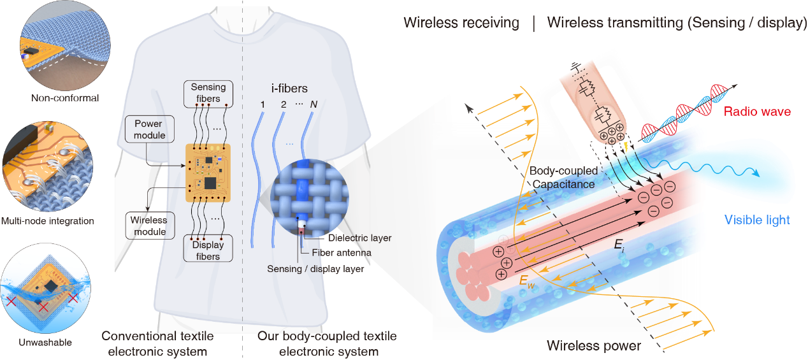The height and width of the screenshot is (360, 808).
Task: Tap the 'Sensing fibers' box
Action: [208, 92]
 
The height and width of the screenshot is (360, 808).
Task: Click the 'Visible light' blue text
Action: [757, 220]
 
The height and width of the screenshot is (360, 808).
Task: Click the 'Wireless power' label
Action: [593, 346]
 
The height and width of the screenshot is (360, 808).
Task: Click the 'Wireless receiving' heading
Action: [461, 24]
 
